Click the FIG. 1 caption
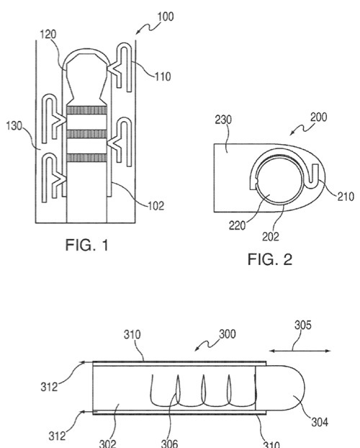(x=87, y=245)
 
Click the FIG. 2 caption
(x=270, y=259)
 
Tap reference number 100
(x=166, y=17)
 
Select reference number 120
(x=48, y=35)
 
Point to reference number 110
(x=163, y=76)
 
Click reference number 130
(x=14, y=126)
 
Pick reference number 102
(x=156, y=206)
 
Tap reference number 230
(x=223, y=120)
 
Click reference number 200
(x=318, y=117)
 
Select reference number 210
(x=346, y=197)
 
